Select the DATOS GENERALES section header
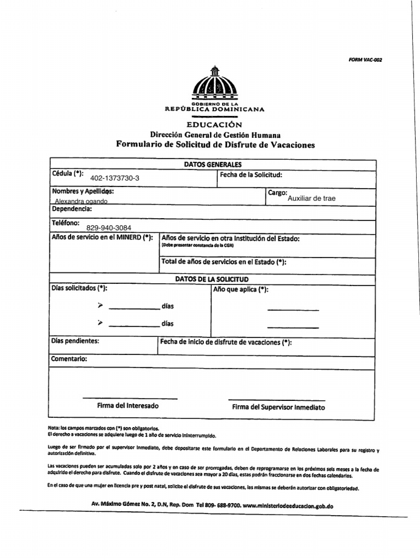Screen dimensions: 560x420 [213, 164]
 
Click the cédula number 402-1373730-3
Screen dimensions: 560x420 [115, 178]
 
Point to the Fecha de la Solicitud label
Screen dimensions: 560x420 [250, 175]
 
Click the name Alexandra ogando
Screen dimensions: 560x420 [80, 201]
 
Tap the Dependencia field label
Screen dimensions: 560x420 [72, 209]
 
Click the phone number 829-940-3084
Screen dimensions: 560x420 [109, 227]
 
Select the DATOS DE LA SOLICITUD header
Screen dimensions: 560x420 [212, 279]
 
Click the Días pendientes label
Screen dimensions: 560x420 [75, 341]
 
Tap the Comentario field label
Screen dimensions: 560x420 [69, 359]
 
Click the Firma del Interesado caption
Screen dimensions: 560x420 [128, 406]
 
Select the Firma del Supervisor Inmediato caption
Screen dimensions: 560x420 [278, 407]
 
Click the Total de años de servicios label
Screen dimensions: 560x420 [223, 262]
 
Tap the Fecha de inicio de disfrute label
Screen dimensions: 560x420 [225, 342]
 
